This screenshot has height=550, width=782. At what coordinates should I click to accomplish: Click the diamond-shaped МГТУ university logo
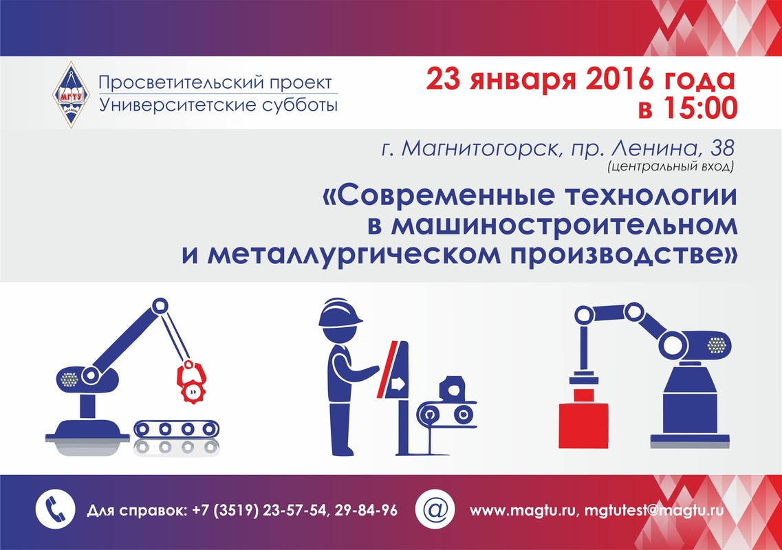click(72, 94)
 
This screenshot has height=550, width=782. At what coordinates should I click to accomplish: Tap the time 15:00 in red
click(702, 108)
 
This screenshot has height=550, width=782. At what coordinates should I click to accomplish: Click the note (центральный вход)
click(671, 166)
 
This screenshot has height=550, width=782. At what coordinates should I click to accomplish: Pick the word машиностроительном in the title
click(563, 225)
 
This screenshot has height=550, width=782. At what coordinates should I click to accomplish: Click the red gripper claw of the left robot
click(191, 382)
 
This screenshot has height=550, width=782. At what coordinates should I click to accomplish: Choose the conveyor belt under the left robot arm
click(177, 429)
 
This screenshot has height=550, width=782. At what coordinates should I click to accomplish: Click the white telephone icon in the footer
click(55, 509)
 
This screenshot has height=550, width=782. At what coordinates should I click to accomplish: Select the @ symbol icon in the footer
click(435, 509)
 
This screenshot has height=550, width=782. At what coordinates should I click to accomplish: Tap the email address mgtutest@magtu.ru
click(654, 511)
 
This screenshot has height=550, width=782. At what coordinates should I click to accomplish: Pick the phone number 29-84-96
click(366, 510)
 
